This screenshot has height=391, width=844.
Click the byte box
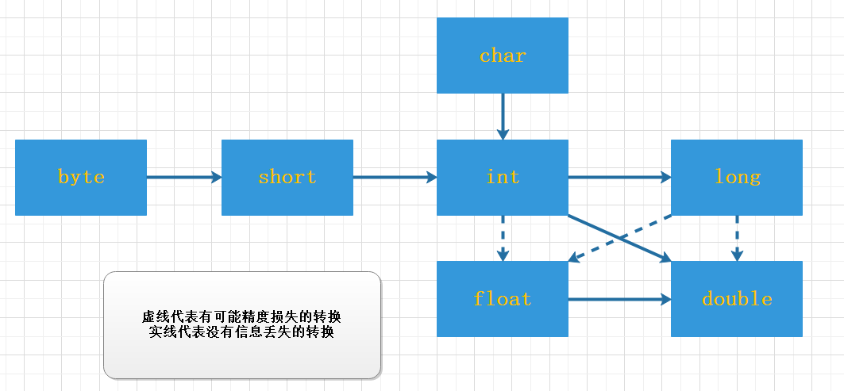pos(81,178)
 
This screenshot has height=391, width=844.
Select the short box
pos(287,178)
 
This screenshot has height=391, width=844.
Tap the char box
pos(503,56)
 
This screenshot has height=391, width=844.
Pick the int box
pos(503,178)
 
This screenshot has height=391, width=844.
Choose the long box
pos(737,178)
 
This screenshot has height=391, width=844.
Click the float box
pos(503,299)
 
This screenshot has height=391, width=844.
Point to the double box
pos(737,299)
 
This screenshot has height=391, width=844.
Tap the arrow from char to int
pos(503,116)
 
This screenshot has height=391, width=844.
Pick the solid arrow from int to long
pos(619,178)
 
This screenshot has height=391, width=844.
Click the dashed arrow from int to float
pos(503,238)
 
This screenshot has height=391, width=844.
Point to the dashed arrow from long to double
pos(737,238)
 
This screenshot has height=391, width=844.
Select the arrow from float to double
pos(619,299)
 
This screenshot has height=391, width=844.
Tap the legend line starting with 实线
pos(242,332)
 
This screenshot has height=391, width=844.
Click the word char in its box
pos(503,56)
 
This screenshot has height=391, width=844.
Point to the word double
pos(737,299)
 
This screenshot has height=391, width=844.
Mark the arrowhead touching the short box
pos(215,178)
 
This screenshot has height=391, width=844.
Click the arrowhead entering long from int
pos(665,178)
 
